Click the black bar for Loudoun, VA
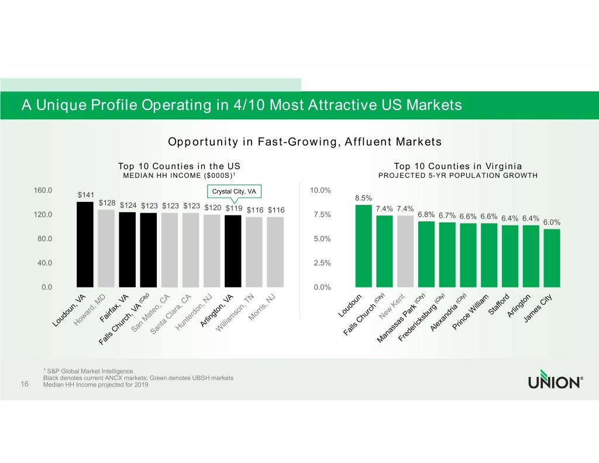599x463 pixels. tap(85, 245)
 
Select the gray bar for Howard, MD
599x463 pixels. tap(106, 248)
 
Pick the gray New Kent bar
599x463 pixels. tap(405, 251)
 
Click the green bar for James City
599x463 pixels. tap(552, 258)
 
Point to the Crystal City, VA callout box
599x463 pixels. tap(233, 192)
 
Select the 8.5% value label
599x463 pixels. tap(364, 198)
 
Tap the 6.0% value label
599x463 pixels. tap(552, 222)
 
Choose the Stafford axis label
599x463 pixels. tap(501, 303)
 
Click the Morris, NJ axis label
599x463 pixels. tap(261, 307)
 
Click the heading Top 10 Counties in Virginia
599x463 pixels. tap(458, 166)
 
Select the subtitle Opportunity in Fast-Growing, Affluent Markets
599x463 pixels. tap(304, 142)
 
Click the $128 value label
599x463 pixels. tap(107, 203)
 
